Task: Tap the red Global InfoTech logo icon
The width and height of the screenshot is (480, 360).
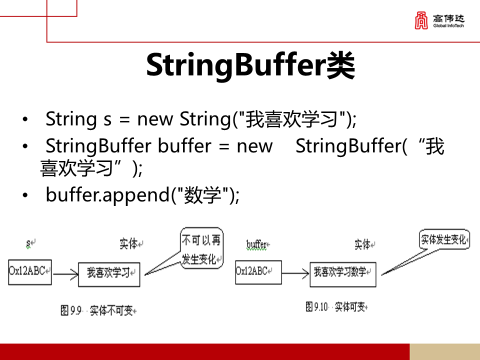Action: pyautogui.click(x=421, y=20)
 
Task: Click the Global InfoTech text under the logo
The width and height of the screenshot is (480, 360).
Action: pyautogui.click(x=448, y=25)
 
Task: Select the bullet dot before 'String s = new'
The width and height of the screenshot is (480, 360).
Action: pyautogui.click(x=25, y=120)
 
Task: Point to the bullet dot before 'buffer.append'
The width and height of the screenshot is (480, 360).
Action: pyautogui.click(x=25, y=195)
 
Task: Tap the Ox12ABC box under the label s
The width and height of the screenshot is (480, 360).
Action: pyautogui.click(x=29, y=272)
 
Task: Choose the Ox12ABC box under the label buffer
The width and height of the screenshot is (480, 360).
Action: pyautogui.click(x=258, y=272)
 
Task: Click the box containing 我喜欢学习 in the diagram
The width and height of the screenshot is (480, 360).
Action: pyautogui.click(x=109, y=273)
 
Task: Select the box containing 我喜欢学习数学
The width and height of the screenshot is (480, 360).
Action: pyautogui.click(x=342, y=273)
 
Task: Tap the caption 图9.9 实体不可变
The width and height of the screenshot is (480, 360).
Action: pyautogui.click(x=98, y=310)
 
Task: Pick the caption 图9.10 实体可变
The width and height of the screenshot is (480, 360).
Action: pyautogui.click(x=336, y=306)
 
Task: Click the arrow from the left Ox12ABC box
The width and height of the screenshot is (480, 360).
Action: pyautogui.click(x=65, y=274)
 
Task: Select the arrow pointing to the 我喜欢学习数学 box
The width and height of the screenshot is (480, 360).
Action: pyautogui.click(x=295, y=273)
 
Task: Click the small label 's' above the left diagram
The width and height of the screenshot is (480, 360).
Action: pyautogui.click(x=29, y=243)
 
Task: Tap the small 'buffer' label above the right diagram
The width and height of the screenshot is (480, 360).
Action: pyautogui.click(x=257, y=244)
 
